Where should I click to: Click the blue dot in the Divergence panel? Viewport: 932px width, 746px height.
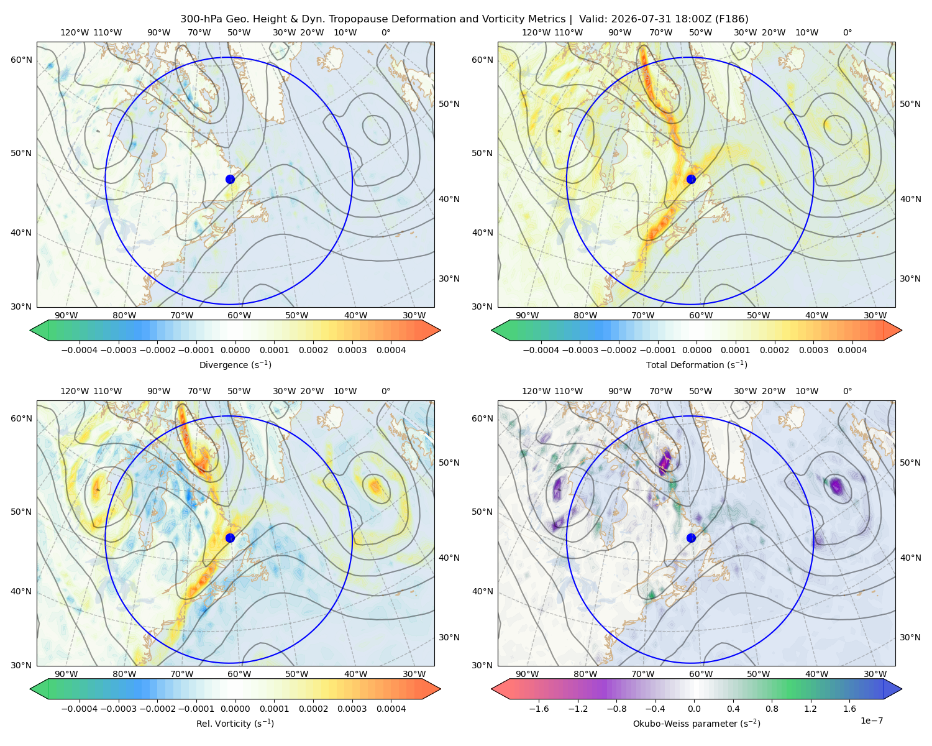pos(230,180)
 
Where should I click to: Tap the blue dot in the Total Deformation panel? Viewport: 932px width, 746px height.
pos(691,180)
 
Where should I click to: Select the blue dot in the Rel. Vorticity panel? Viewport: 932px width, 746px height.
pos(230,538)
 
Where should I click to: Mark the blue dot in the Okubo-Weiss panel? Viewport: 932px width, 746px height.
pos(691,538)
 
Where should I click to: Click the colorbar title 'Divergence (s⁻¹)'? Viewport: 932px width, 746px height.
pos(235,365)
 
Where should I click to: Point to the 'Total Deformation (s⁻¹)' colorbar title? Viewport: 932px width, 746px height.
pos(697,365)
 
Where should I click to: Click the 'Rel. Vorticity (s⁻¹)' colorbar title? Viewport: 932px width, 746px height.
pos(235,724)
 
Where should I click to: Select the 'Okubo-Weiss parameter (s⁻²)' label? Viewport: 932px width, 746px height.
pos(697,724)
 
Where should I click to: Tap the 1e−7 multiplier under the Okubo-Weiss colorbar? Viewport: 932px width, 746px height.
pos(871,721)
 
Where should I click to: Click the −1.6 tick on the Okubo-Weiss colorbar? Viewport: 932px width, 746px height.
pos(539,709)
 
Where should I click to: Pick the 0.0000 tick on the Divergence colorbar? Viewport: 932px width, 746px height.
pos(235,350)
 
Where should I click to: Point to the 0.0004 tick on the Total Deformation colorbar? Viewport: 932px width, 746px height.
pos(852,350)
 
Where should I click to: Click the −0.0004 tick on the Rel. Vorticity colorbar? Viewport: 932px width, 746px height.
pos(80,709)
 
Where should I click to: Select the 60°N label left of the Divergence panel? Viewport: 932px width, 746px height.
pos(21,60)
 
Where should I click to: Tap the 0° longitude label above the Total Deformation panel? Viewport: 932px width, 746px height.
pos(847,32)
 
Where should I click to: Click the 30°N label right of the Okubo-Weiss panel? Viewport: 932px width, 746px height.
pos(910,637)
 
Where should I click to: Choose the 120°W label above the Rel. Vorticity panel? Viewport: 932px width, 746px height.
pos(75,391)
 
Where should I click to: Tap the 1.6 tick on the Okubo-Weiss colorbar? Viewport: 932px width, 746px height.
pos(849,709)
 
